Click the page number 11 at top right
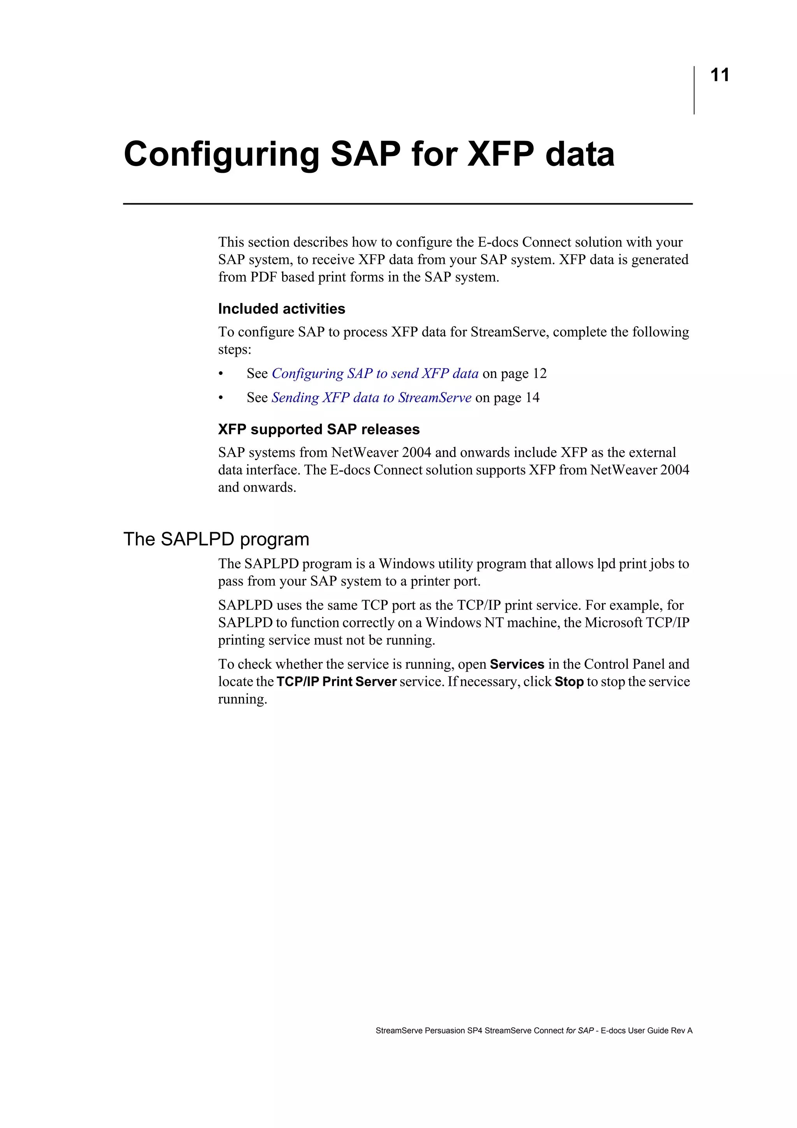click(x=720, y=75)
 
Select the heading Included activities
click(x=281, y=309)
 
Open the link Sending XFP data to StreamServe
click(x=371, y=397)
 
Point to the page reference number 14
click(x=532, y=397)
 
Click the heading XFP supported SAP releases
click(x=319, y=429)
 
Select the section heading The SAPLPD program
click(x=216, y=539)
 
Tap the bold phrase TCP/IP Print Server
click(x=336, y=682)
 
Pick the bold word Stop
click(x=569, y=682)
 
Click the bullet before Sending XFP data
click(x=221, y=398)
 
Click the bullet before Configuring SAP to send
click(x=221, y=374)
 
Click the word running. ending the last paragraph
click(x=242, y=699)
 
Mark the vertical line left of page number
click(x=694, y=90)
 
